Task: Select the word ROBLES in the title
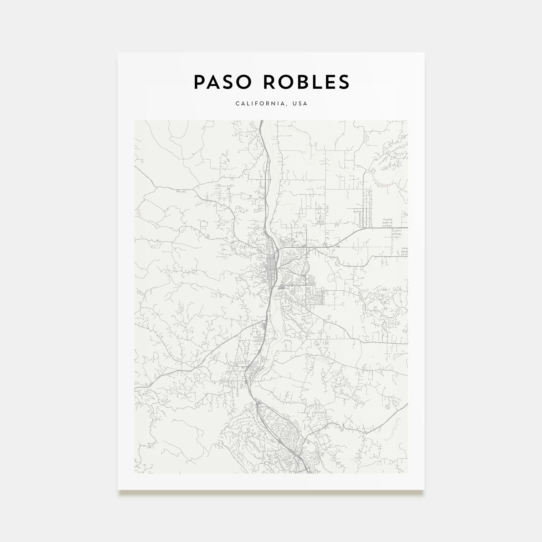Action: click(307, 82)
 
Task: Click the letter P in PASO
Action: click(199, 82)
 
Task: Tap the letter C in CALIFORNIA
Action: click(237, 104)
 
